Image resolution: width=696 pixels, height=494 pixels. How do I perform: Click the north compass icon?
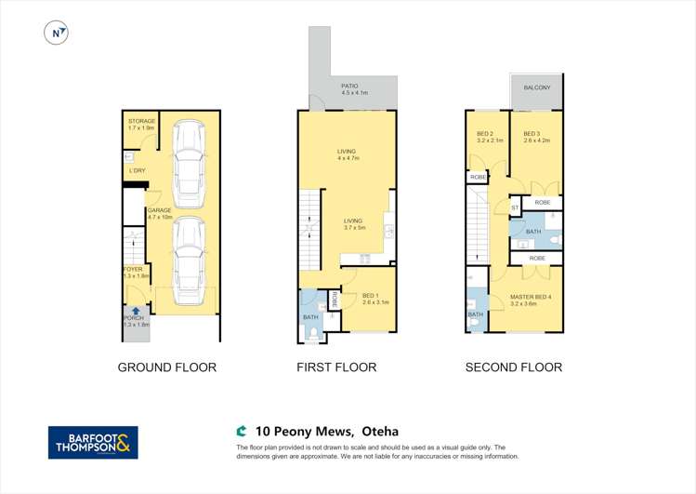tap(58, 33)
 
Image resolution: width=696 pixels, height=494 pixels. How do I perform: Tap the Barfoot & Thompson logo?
tap(93, 442)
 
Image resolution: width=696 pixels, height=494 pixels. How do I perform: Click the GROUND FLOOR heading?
tap(166, 367)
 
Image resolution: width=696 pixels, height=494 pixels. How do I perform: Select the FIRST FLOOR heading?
tap(336, 367)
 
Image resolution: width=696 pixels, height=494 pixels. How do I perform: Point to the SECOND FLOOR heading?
tap(513, 367)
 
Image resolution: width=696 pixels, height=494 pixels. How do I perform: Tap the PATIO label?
tap(355, 88)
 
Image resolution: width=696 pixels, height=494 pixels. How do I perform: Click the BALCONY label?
tap(537, 87)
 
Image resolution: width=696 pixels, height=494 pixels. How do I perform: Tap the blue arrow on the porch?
tap(136, 312)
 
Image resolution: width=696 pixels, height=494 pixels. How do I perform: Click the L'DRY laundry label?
tap(136, 170)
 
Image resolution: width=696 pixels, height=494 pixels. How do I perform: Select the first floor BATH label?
tap(309, 316)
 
